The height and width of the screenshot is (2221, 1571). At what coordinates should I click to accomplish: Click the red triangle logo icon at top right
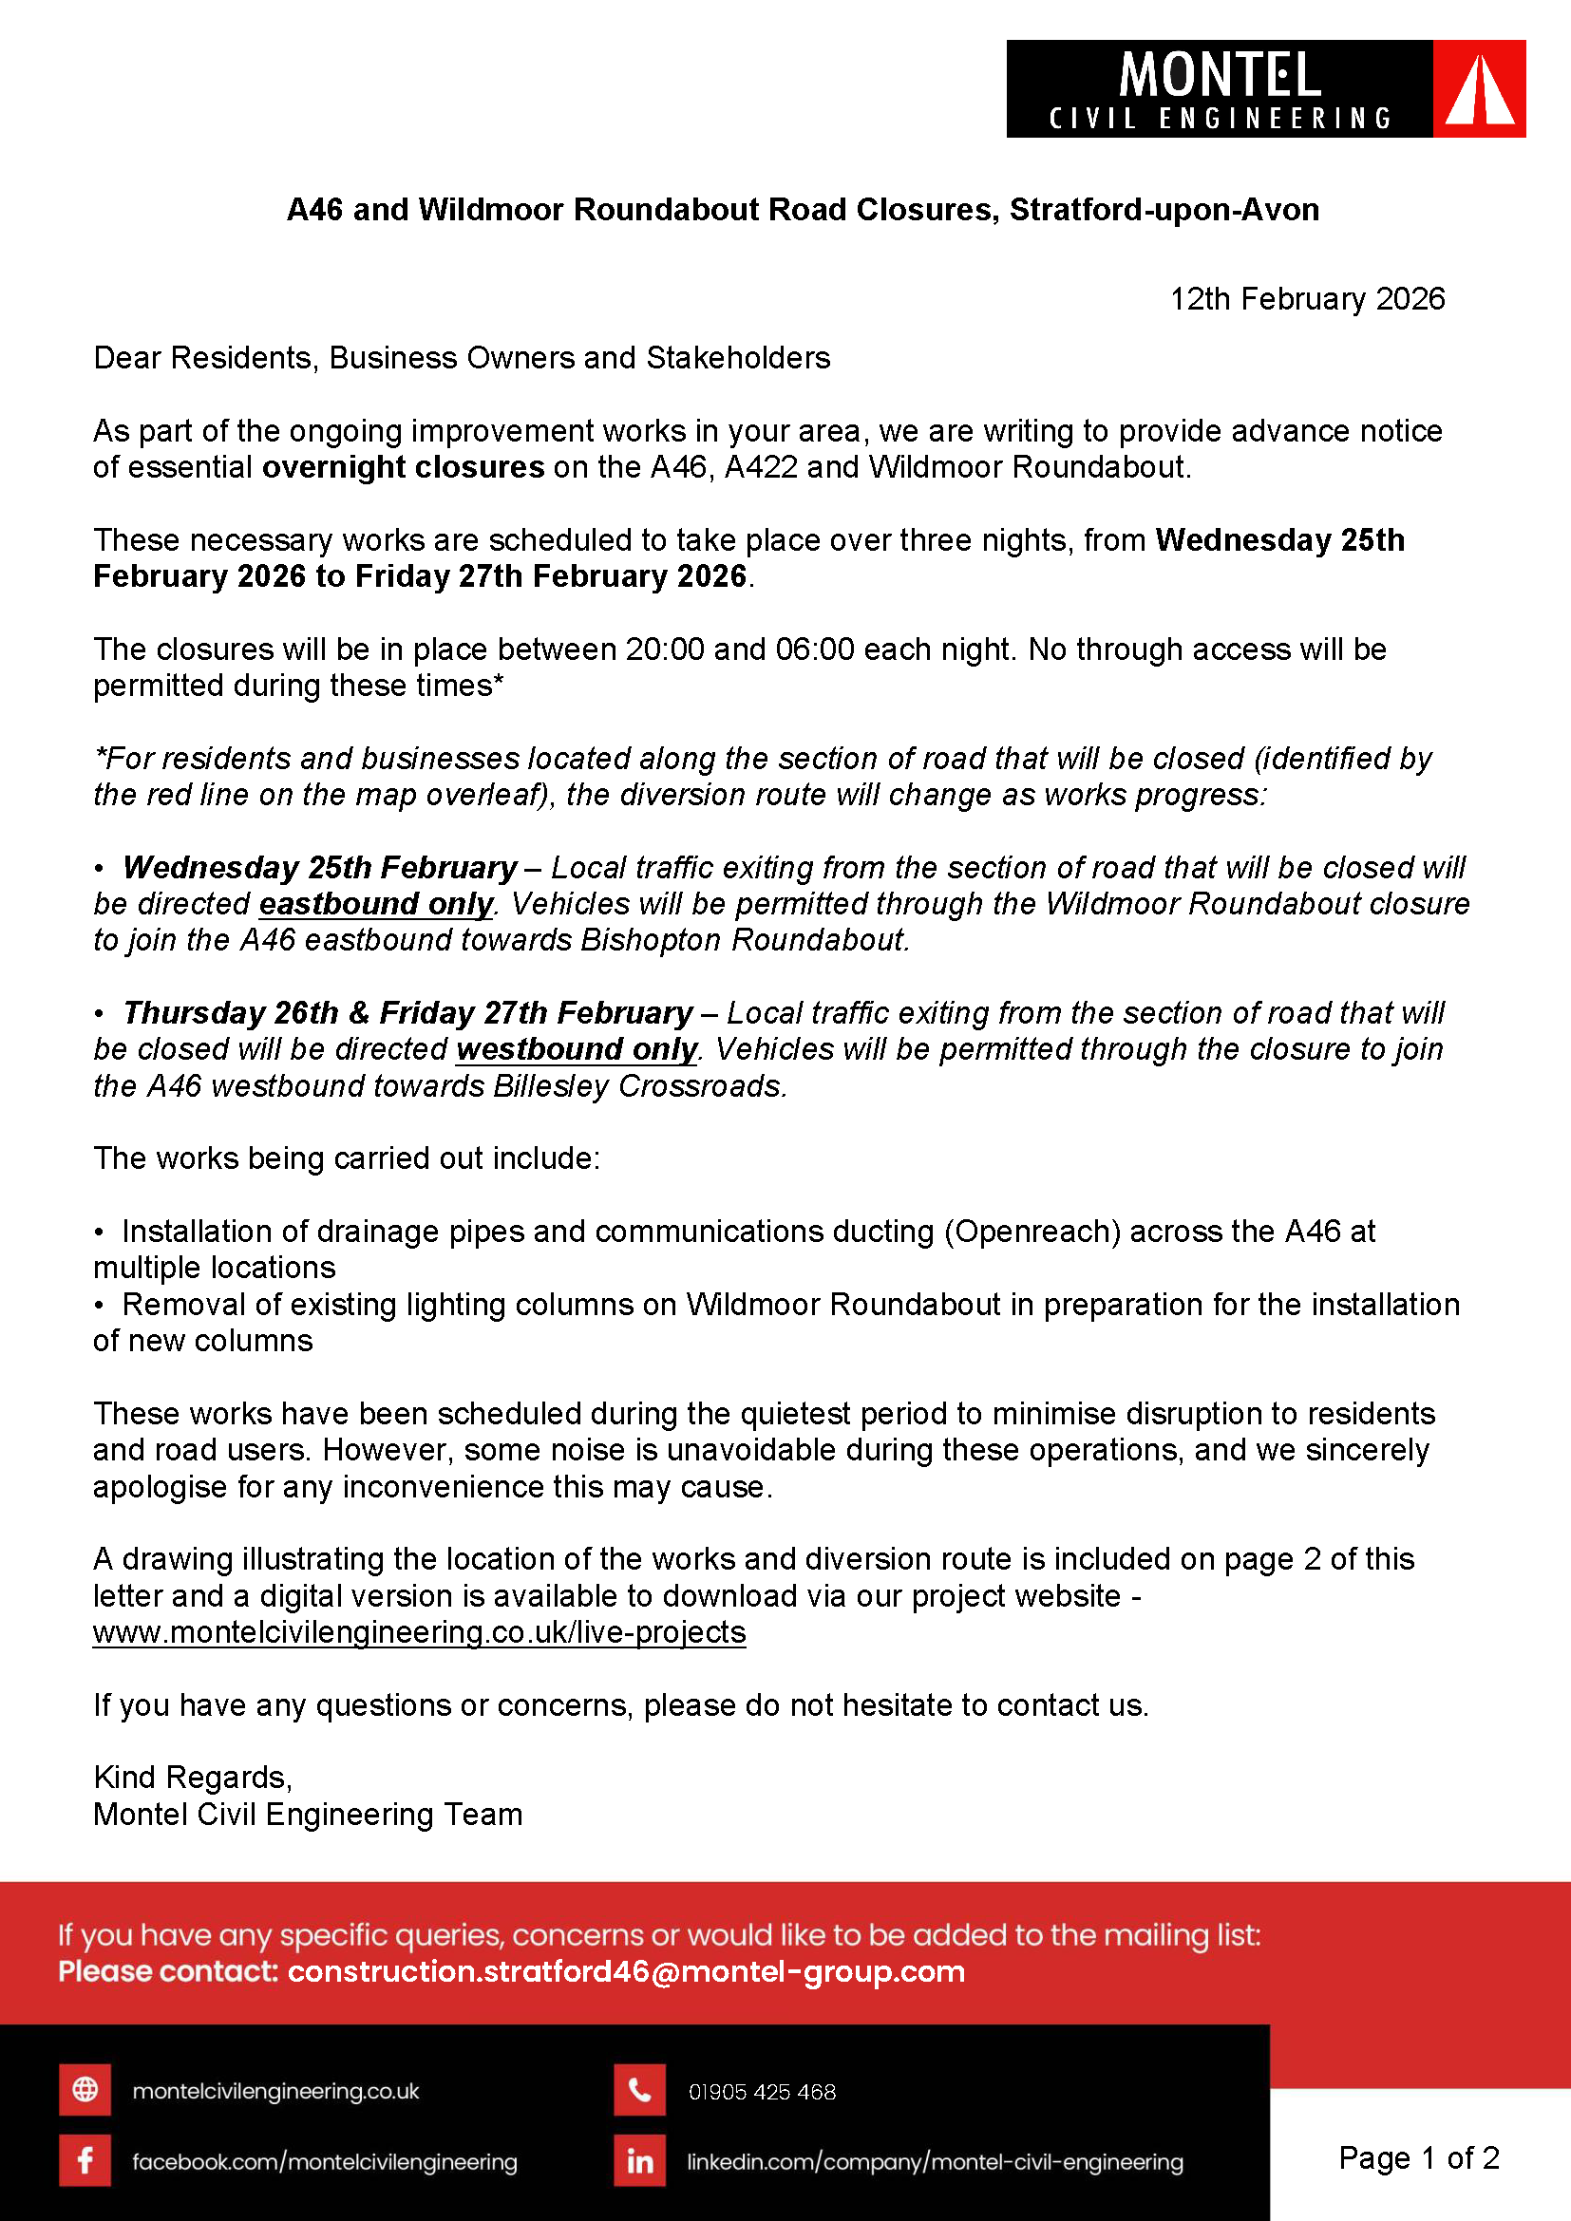(x=1478, y=89)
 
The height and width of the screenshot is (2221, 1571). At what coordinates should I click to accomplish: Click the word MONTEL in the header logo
(x=1219, y=75)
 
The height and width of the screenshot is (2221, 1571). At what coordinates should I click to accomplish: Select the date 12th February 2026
(x=1307, y=299)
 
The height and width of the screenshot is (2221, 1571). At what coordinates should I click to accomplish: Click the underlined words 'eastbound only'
(x=376, y=903)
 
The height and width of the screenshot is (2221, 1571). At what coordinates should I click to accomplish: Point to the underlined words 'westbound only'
(x=577, y=1049)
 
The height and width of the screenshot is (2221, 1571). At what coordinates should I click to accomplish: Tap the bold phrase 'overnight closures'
(x=404, y=467)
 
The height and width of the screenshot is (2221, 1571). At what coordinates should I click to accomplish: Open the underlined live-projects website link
(x=419, y=1632)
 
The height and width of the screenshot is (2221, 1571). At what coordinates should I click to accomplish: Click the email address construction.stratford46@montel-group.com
(x=626, y=1971)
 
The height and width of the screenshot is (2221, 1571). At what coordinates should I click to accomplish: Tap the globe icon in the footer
(x=85, y=2090)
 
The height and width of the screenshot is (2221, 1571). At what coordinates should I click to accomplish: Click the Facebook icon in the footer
(x=85, y=2161)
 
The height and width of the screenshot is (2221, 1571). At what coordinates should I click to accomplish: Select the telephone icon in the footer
(x=639, y=2090)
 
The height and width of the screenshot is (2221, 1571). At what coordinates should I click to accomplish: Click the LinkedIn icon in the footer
(x=639, y=2161)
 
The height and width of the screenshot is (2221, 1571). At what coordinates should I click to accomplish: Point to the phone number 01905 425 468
(x=762, y=2091)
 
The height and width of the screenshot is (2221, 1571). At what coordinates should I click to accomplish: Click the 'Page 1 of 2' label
(x=1418, y=2157)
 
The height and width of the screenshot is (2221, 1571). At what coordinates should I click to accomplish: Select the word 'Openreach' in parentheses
(x=1032, y=1232)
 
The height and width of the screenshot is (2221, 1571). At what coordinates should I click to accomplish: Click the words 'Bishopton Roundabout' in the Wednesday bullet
(x=743, y=940)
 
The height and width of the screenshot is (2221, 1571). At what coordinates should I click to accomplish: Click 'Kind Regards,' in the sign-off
(x=193, y=1778)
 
